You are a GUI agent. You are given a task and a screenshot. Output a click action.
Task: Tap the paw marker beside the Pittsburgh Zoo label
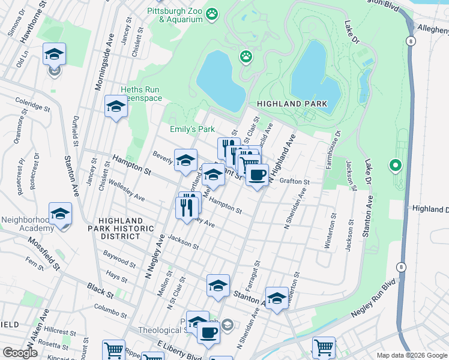pyautogui.click(x=212, y=13)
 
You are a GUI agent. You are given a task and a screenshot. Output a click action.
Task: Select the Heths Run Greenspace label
pyautogui.click(x=142, y=94)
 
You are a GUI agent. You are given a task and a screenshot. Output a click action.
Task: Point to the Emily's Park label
pyautogui.click(x=191, y=129)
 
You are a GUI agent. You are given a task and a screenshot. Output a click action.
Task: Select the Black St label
pyautogui.click(x=100, y=292)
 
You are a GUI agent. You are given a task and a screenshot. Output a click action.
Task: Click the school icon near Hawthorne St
pyautogui.click(x=54, y=55)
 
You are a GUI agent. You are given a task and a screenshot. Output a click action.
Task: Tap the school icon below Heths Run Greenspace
pyautogui.click(x=116, y=107)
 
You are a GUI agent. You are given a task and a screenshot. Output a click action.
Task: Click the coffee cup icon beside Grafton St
pyautogui.click(x=257, y=175)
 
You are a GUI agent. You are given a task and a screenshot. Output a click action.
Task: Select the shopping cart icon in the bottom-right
pyautogui.click(x=323, y=347)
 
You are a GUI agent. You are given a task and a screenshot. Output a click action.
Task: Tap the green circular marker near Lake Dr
pyautogui.click(x=394, y=164)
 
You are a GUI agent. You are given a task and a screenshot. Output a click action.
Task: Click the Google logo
pyautogui.click(x=20, y=352)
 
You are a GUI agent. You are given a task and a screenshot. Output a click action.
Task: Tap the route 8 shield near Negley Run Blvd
pyautogui.click(x=401, y=266)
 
